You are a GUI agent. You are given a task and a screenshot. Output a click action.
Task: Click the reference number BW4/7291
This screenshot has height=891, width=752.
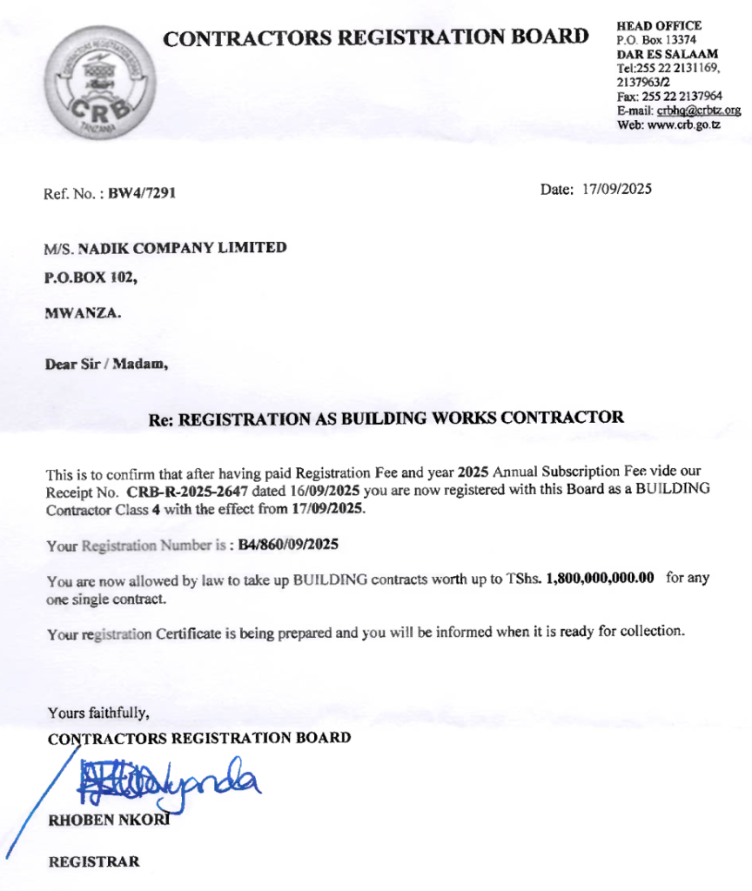(142, 193)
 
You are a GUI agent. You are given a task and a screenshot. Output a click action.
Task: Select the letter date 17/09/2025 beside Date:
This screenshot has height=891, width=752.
(617, 189)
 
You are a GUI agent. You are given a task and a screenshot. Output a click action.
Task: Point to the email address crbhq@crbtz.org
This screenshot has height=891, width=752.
(699, 111)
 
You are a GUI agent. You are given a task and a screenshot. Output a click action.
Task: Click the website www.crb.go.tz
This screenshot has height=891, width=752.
(681, 124)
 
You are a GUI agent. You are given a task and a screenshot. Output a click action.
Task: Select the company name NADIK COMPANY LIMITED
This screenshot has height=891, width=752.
(182, 248)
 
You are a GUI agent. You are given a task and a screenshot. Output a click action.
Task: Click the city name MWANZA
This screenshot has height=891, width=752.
(83, 313)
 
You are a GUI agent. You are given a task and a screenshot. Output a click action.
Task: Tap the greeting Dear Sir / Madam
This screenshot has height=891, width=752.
(106, 365)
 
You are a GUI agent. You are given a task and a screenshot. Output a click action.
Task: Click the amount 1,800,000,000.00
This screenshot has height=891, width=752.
(600, 580)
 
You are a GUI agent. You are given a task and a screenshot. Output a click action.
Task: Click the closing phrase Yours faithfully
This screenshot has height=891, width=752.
(98, 713)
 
